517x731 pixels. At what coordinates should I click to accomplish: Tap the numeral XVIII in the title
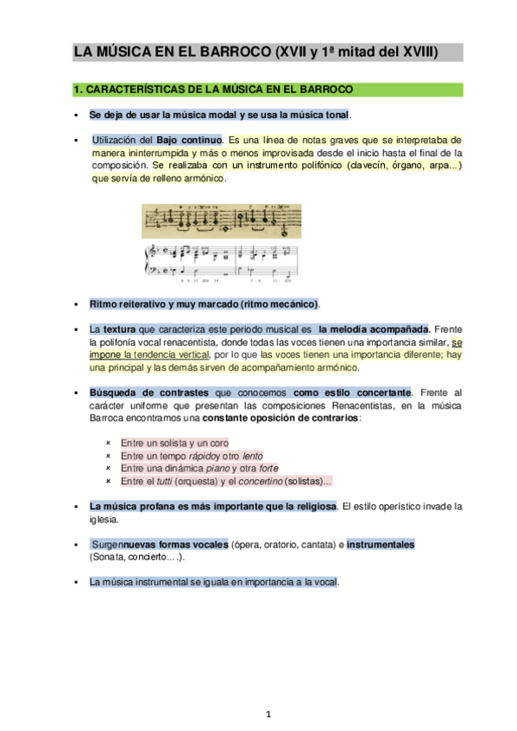point(417,53)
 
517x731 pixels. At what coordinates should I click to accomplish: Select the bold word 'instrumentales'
point(381,545)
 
